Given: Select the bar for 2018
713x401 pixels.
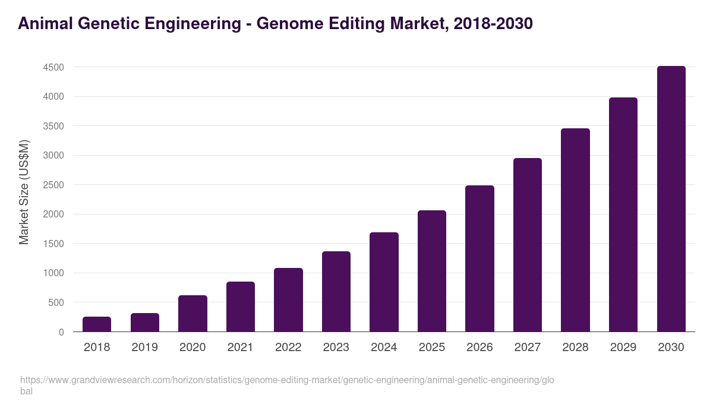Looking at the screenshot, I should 97,324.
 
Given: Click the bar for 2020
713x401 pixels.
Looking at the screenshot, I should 193,313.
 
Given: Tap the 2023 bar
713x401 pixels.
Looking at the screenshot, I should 336,291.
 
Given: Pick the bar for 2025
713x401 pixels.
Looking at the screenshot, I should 432,271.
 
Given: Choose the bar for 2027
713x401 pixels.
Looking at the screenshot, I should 528,245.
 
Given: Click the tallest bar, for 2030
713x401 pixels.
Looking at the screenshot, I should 671,199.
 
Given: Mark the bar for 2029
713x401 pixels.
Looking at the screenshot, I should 623,214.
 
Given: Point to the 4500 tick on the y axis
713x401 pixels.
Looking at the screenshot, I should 53,67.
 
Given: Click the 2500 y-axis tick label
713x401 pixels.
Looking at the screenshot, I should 53,185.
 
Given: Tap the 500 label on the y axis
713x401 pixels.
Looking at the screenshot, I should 56,302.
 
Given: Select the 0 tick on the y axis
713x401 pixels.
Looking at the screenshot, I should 61,332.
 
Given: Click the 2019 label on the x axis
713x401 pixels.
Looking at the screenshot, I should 144,348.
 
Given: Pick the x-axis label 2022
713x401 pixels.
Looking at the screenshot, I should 288,348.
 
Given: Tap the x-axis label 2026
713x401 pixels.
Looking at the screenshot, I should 479,348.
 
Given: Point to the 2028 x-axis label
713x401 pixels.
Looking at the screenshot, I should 575,348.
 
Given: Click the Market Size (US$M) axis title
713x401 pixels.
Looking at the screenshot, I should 24,192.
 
